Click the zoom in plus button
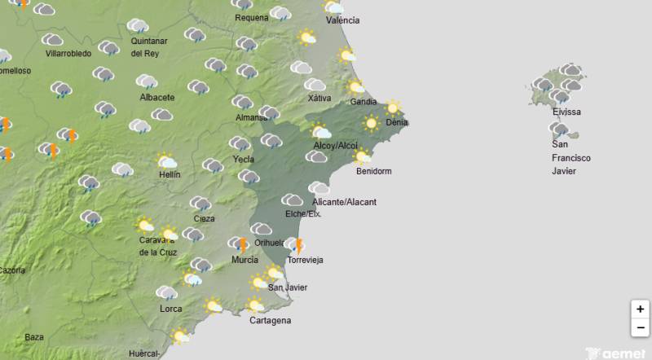(x=641, y=310)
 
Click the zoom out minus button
(x=641, y=328)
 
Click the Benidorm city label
(x=374, y=171)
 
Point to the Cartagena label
(x=270, y=320)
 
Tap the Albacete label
(x=157, y=97)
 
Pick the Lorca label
(x=171, y=309)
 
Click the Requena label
(x=251, y=18)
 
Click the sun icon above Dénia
(x=393, y=108)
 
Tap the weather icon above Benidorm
(x=362, y=156)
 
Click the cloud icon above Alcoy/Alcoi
(x=320, y=131)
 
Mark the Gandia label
(x=363, y=102)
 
